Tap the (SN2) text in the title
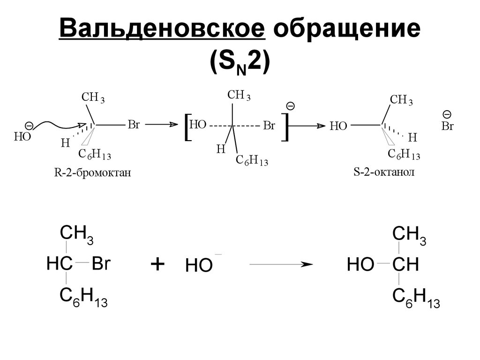pos(240,61)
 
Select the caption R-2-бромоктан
pos(92,174)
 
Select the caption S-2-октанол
pos(383,172)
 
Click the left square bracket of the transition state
pos(187,127)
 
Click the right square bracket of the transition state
pos(285,127)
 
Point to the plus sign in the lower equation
pos(158,264)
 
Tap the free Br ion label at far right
pos(448,126)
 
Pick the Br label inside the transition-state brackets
pos(269,126)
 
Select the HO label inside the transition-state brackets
pos(198,125)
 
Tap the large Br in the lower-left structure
pos(100,263)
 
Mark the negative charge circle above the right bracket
pos(291,106)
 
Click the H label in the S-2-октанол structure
pos(412,137)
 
